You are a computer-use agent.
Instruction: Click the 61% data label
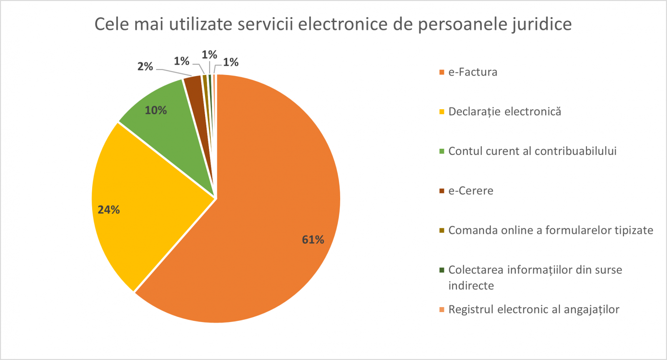[313, 240]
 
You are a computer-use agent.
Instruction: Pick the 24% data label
[109, 210]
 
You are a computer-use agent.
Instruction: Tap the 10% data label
[156, 110]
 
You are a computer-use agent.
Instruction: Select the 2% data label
[145, 67]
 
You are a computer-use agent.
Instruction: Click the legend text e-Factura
[473, 72]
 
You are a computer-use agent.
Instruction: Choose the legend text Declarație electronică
[504, 112]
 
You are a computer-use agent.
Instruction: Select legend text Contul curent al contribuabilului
[532, 151]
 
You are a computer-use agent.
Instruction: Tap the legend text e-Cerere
[471, 191]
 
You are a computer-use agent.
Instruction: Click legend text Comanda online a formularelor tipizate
[550, 230]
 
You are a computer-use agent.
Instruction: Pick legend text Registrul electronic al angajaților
[534, 310]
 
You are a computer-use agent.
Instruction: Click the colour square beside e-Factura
[442, 72]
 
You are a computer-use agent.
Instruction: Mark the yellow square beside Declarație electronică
[442, 112]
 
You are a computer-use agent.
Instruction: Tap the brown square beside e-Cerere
[442, 191]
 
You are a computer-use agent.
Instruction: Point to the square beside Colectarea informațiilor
[442, 270]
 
